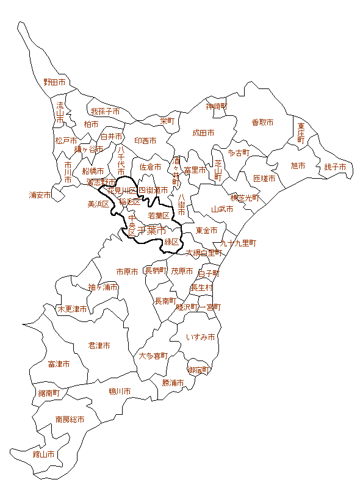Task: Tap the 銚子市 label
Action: point(335,167)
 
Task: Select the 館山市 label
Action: point(43,454)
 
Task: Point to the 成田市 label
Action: point(203,132)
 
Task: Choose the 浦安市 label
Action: point(40,195)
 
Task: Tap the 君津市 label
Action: point(99,345)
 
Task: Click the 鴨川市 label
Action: point(120,391)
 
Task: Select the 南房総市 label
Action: point(70,420)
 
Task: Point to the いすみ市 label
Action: point(201,337)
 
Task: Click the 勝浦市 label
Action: point(173,383)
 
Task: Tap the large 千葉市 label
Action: point(151,231)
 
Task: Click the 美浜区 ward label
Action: point(98,204)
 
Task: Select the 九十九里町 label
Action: point(239,243)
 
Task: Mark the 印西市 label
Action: point(145,140)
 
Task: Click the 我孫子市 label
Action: point(105,112)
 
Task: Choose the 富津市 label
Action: point(59,364)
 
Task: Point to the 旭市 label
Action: point(298,165)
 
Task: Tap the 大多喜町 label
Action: point(153,356)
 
